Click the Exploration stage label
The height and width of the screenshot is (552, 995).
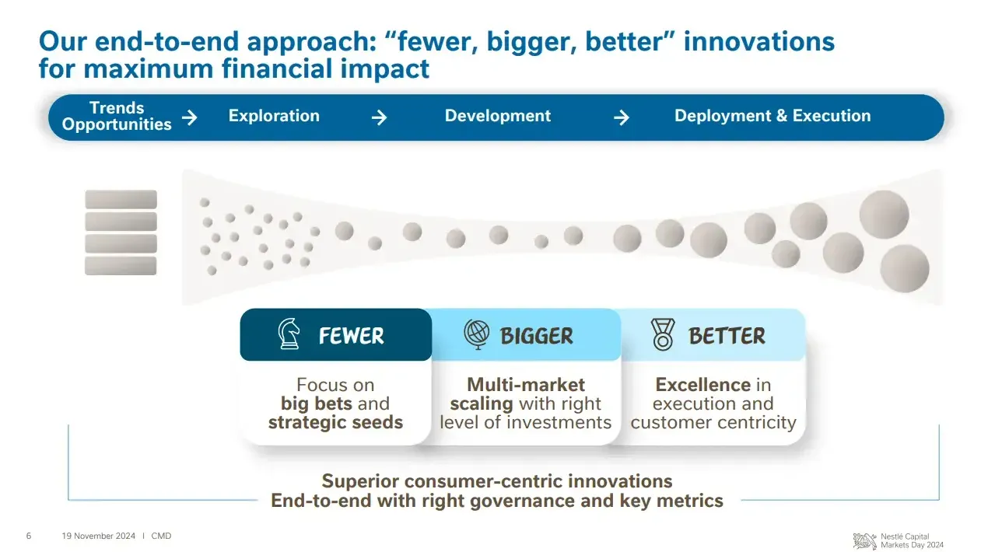pos(274,116)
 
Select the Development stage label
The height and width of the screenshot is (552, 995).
pos(498,116)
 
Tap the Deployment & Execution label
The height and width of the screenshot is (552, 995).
pos(773,116)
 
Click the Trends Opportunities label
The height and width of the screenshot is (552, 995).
pos(117,116)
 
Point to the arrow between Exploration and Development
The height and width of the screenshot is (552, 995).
pos(379,117)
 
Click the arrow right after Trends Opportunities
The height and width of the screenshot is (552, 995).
pos(190,117)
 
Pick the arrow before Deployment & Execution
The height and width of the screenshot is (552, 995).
pos(621,117)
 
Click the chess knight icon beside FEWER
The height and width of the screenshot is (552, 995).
pos(289,334)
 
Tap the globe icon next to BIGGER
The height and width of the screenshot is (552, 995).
pos(477,334)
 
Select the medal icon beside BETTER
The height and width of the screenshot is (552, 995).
pos(663,334)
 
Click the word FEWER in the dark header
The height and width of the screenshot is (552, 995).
pos(352,336)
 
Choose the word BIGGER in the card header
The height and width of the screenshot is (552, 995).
pos(537,336)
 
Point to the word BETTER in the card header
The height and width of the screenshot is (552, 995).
pos(727,336)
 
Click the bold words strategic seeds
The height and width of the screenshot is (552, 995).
pos(335,422)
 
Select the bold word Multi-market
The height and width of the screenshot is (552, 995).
pos(526,385)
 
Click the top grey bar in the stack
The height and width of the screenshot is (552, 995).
pos(121,199)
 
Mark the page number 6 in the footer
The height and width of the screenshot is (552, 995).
pos(29,536)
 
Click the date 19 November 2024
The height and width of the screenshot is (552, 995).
pos(98,536)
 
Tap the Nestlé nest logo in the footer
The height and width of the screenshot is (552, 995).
pos(865,541)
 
